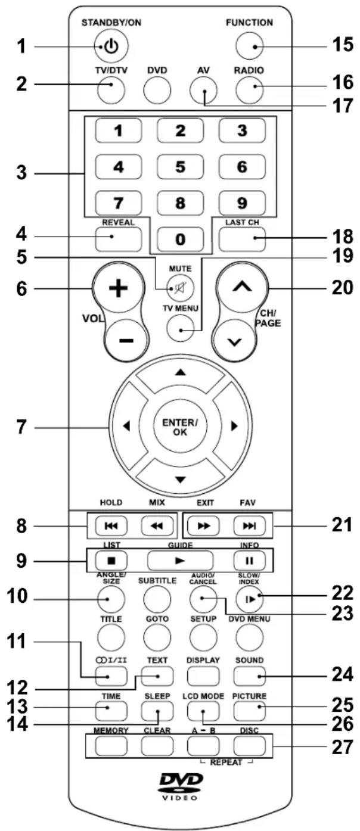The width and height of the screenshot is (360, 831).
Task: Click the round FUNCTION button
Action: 249,46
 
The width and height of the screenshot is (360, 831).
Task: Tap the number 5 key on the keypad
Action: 180,167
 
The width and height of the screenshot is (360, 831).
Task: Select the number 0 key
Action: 180,239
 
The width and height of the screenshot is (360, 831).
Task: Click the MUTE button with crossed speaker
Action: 181,288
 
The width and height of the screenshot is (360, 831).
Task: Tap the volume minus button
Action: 126,340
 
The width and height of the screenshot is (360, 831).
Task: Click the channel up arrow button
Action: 242,287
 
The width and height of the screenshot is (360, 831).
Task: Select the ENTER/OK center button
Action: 180,427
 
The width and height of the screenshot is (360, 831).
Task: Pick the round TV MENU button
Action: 181,329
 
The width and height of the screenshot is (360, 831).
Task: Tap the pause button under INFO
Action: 249,560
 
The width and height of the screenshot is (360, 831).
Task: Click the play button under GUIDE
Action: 180,560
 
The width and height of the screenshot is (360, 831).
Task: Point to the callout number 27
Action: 342,747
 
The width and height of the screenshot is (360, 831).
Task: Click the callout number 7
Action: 21,427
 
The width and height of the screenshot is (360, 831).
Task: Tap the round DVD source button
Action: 157,90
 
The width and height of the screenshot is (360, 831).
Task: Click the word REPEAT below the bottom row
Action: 226,762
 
